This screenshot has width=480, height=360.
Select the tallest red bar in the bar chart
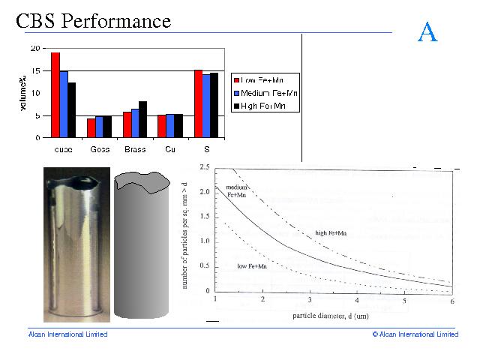[55, 94]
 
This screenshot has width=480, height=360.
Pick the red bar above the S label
[198, 103]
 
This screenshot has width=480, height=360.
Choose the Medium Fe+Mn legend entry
[267, 93]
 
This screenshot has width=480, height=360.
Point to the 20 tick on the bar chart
[35, 48]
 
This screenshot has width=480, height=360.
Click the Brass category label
[135, 148]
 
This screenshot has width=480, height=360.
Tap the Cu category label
[171, 148]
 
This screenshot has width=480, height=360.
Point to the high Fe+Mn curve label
[331, 233]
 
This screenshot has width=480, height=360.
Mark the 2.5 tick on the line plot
[203, 168]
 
